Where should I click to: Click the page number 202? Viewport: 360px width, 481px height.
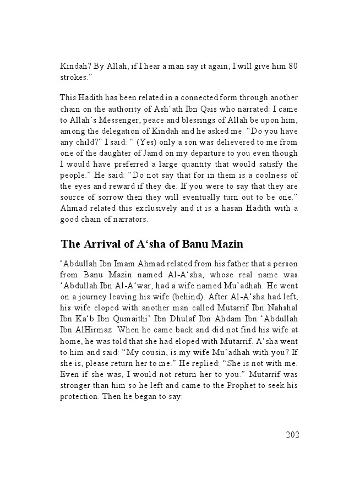point(292,435)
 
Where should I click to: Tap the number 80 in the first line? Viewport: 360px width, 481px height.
point(293,66)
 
